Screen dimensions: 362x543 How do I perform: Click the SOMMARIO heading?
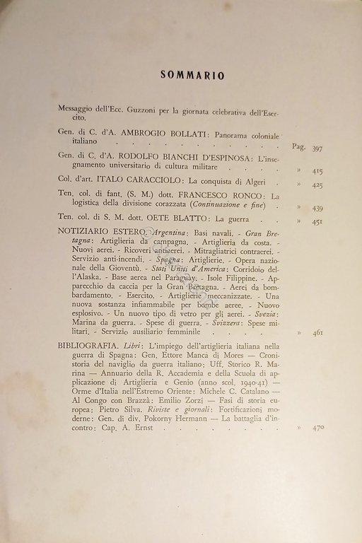[182, 74]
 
